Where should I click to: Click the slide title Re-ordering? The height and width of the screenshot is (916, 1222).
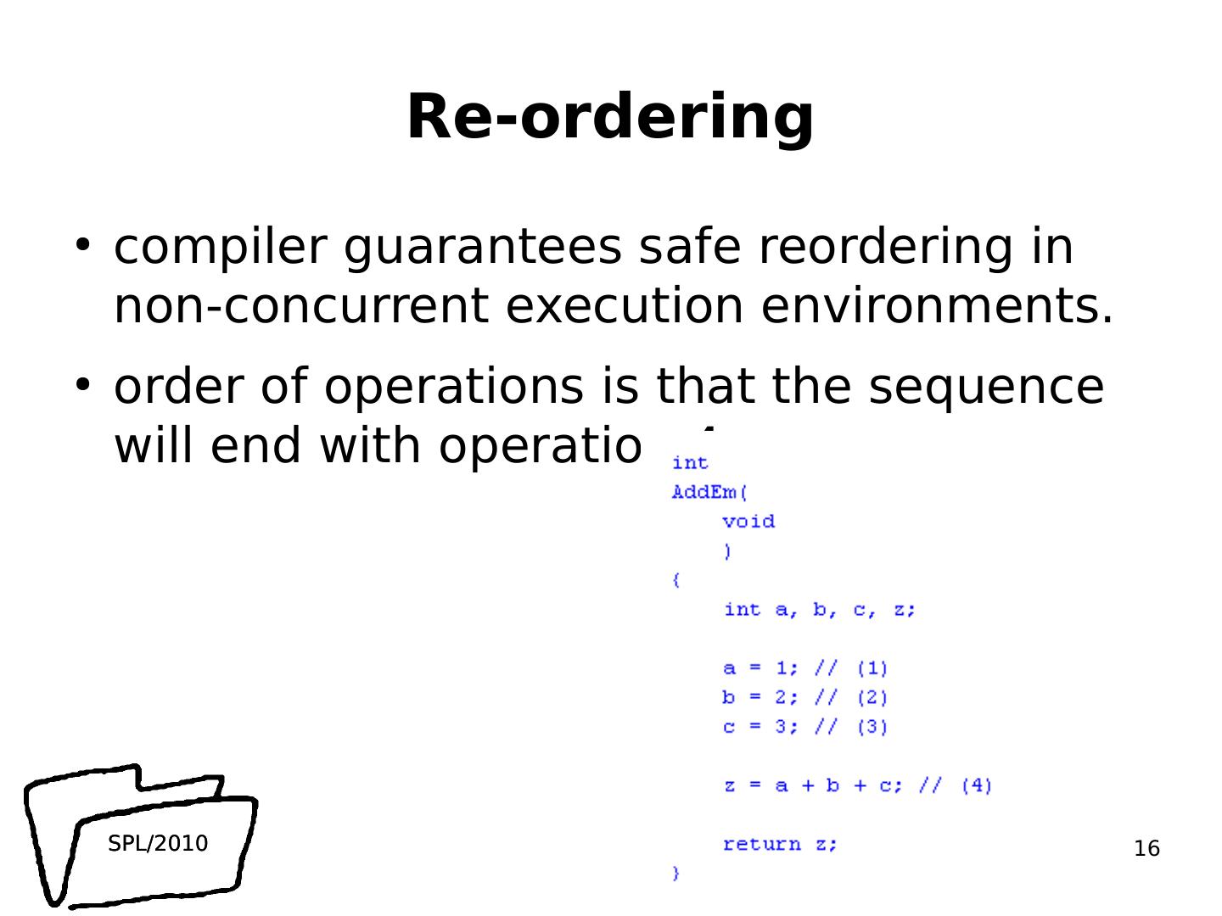610,117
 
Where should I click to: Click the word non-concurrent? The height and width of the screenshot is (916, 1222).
300,306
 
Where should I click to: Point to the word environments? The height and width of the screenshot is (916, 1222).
936,306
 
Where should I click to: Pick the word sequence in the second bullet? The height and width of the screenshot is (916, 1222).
986,387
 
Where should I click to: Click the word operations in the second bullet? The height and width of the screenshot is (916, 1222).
453,387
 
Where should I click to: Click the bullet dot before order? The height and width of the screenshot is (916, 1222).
82,385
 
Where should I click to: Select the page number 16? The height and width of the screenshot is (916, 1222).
1146,848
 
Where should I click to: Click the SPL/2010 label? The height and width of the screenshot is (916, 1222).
158,843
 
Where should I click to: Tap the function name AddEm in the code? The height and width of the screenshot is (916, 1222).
704,493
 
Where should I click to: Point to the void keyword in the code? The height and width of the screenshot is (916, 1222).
748,522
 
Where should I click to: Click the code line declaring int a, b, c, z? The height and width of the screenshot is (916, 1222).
819,610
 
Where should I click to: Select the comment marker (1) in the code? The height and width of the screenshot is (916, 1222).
872,668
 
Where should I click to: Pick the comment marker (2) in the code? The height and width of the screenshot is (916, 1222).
872,698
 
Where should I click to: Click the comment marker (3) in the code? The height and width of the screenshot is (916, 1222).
872,727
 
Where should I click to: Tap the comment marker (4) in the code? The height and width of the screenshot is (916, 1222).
977,785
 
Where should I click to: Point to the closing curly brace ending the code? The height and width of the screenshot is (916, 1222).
676,873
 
